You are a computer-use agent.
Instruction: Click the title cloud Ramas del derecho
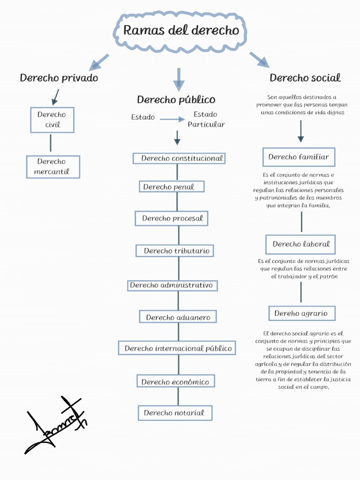(x=180, y=31)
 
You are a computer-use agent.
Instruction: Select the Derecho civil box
(x=52, y=120)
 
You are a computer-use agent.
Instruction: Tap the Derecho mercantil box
(x=52, y=166)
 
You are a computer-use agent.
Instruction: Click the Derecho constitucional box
(x=179, y=158)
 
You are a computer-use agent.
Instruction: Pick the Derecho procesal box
(x=172, y=218)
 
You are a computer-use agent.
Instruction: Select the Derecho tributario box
(x=175, y=251)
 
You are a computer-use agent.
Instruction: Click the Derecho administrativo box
(x=172, y=285)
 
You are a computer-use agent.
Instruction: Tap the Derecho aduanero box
(x=178, y=317)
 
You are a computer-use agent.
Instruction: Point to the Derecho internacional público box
(x=177, y=348)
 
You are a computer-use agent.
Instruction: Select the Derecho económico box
(x=176, y=381)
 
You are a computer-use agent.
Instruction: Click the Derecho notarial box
(x=175, y=413)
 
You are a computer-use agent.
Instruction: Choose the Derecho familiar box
(x=299, y=157)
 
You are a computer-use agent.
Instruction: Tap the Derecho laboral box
(x=300, y=244)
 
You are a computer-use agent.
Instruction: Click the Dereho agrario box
(x=301, y=313)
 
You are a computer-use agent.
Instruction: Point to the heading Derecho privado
(x=59, y=78)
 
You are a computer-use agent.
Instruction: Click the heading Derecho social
(x=305, y=78)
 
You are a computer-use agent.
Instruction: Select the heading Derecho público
(x=176, y=99)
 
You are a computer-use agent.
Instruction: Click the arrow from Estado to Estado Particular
(x=172, y=119)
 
